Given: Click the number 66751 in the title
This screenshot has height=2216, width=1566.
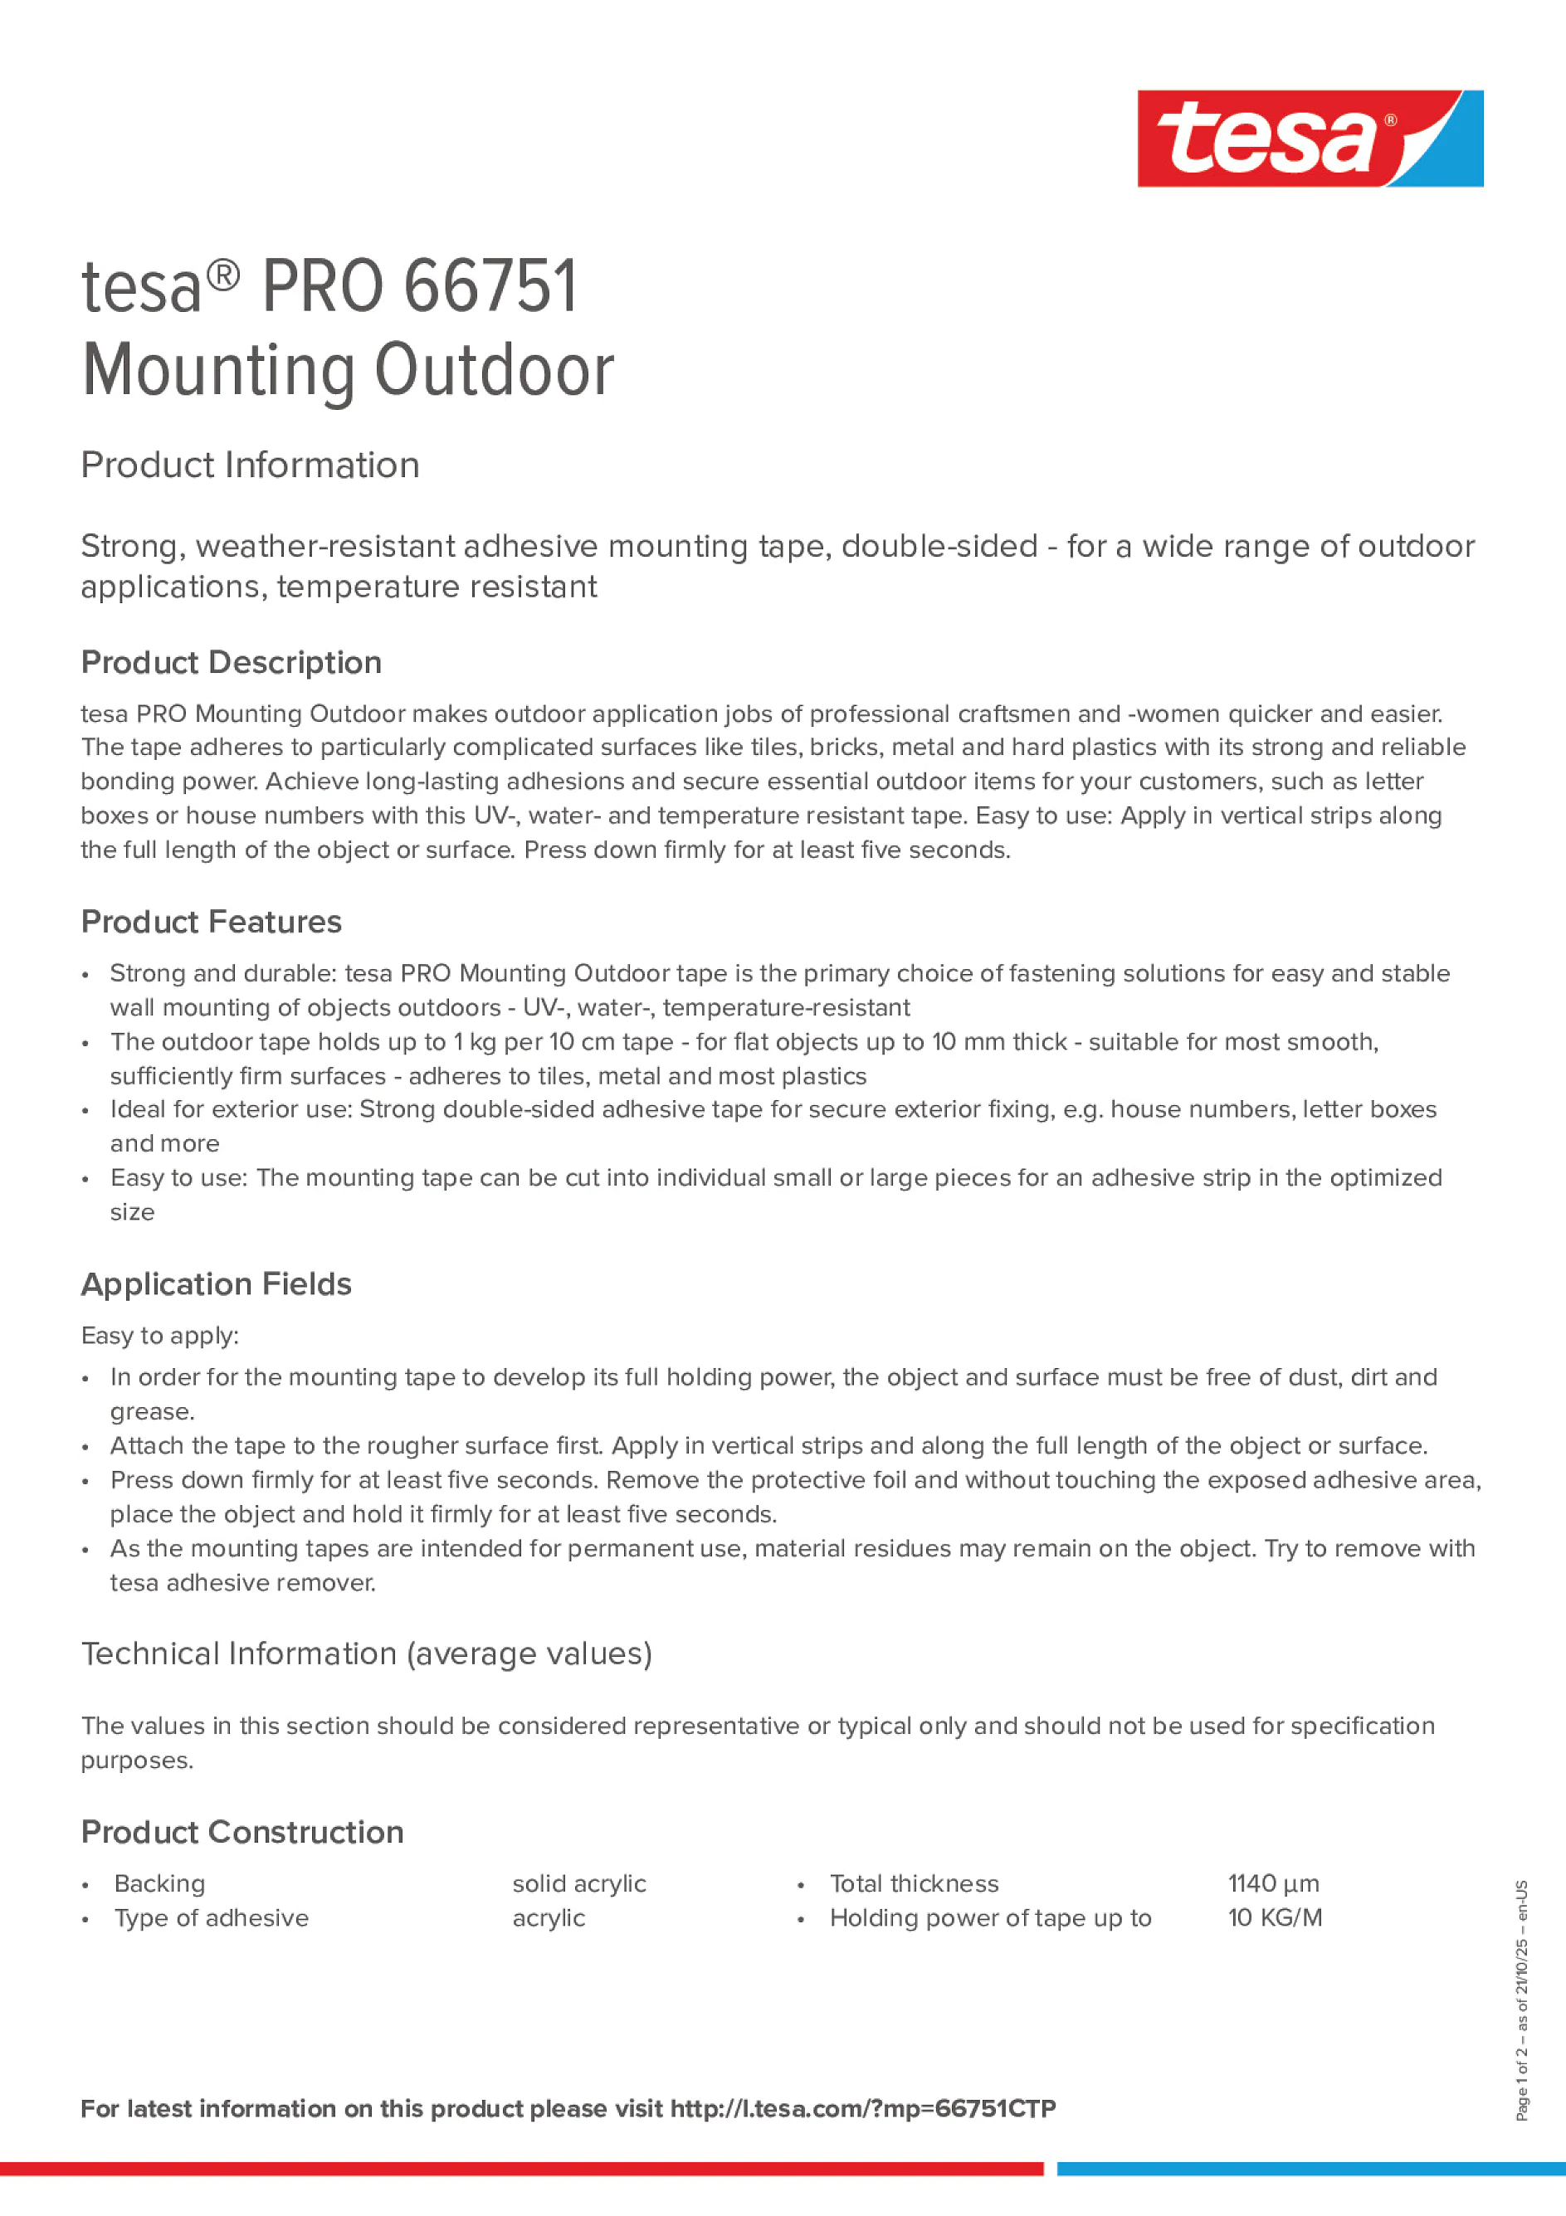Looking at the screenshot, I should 490,287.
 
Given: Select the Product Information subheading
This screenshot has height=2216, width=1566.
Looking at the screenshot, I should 250,465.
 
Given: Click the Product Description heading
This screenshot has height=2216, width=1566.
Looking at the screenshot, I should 231,662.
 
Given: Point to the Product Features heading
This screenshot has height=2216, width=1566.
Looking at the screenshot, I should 211,922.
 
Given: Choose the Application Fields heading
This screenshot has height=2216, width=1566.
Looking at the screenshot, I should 217,1283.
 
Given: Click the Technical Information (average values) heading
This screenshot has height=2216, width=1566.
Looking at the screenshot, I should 366,1653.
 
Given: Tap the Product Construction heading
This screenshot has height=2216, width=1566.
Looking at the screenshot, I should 241,1832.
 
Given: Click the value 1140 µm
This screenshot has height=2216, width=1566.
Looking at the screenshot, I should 1272,1883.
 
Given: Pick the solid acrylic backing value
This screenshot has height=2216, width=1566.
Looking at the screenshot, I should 578,1883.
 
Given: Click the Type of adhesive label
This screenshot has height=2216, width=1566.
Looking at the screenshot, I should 212,1918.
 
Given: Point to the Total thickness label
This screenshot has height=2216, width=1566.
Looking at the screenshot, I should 914,1883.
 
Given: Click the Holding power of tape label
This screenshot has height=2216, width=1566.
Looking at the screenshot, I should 989,1918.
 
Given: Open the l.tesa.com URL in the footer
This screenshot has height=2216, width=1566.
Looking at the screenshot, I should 862,2109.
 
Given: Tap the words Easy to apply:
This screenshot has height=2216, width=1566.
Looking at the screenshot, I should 159,1336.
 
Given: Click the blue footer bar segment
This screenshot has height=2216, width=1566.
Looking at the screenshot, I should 1310,2169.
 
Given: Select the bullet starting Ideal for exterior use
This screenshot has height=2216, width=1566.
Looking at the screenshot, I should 773,1110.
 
